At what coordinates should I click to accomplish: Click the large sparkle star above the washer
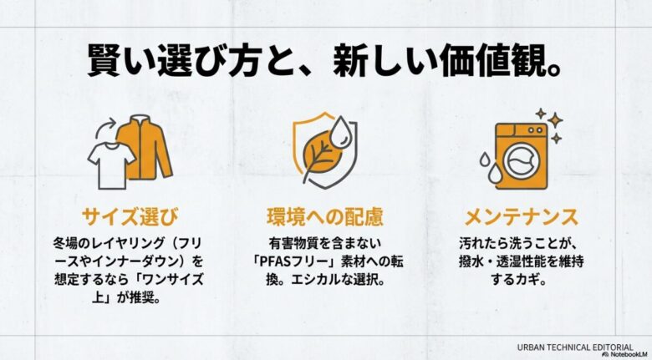[554, 122]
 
